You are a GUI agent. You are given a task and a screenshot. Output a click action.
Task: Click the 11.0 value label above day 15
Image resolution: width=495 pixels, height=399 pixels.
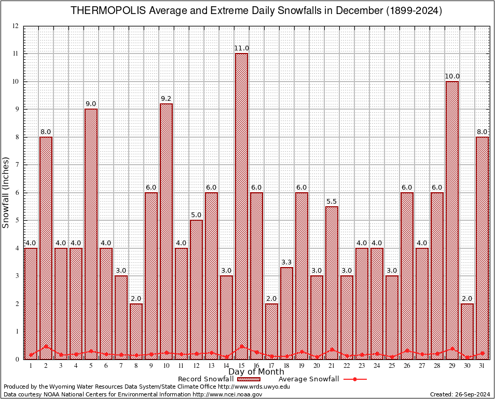pyautogui.click(x=241, y=48)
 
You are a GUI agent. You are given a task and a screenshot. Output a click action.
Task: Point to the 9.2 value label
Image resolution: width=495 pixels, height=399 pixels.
pyautogui.click(x=166, y=98)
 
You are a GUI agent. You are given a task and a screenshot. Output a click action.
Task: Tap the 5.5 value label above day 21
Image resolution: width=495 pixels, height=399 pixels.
pyautogui.click(x=332, y=201)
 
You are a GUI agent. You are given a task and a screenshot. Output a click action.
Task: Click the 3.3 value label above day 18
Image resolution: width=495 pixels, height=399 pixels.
pyautogui.click(x=286, y=262)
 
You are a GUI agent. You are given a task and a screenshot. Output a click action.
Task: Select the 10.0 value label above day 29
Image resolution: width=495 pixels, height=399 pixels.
pyautogui.click(x=452, y=76)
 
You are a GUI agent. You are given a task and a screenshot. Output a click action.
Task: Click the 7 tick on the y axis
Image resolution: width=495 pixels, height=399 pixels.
pyautogui.click(x=17, y=165)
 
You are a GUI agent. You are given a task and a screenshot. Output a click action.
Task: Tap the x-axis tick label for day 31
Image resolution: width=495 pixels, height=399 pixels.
pyautogui.click(x=482, y=366)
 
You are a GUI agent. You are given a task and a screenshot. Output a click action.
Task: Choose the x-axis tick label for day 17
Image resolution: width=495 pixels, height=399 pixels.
pyautogui.click(x=271, y=366)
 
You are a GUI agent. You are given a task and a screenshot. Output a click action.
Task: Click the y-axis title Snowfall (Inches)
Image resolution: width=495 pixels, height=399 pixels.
pyautogui.click(x=6, y=192)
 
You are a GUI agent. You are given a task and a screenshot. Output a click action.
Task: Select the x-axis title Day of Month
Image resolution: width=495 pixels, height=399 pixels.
pyautogui.click(x=256, y=372)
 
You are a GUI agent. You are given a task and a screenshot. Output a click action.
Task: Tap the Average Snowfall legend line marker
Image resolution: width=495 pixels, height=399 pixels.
pyautogui.click(x=354, y=379)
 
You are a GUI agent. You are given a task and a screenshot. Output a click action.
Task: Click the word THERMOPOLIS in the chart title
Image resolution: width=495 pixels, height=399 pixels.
pyautogui.click(x=103, y=11)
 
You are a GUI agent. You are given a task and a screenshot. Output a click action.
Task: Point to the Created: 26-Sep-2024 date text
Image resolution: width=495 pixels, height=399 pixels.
pyautogui.click(x=460, y=394)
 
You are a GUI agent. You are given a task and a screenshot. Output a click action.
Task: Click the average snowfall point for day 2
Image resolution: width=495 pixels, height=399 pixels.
pyautogui.click(x=46, y=346)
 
